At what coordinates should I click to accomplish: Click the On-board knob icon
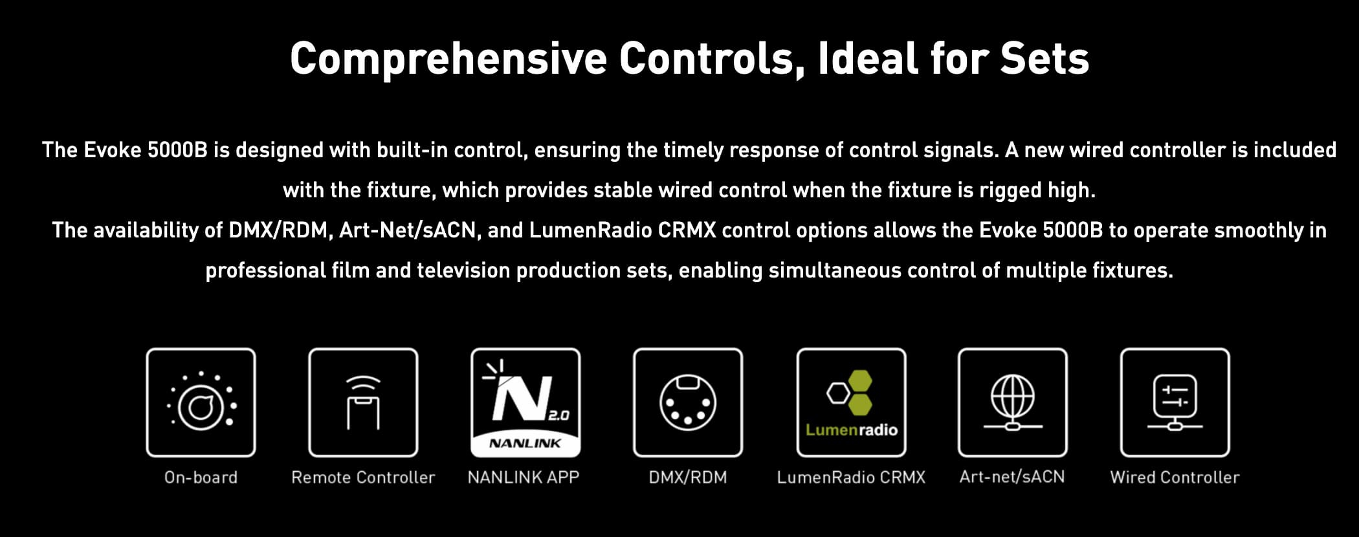coord(201,402)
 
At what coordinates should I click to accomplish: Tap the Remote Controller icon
coord(363,402)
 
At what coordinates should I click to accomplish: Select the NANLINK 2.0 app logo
coord(525,402)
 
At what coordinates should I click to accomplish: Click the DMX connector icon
coord(688,402)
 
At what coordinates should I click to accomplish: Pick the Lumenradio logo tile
coord(851,402)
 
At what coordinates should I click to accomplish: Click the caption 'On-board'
coord(201,477)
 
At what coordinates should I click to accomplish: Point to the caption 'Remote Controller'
coord(363,477)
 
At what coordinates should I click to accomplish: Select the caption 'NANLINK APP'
coord(524,477)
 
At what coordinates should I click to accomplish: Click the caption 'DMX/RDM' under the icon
coord(688,477)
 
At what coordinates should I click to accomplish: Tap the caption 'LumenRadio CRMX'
coord(851,477)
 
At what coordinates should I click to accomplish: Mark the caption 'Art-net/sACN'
coord(1012,477)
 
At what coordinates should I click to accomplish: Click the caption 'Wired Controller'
coord(1175,477)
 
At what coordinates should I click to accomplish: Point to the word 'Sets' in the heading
coord(1044,58)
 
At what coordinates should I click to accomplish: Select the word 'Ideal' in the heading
coord(868,58)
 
